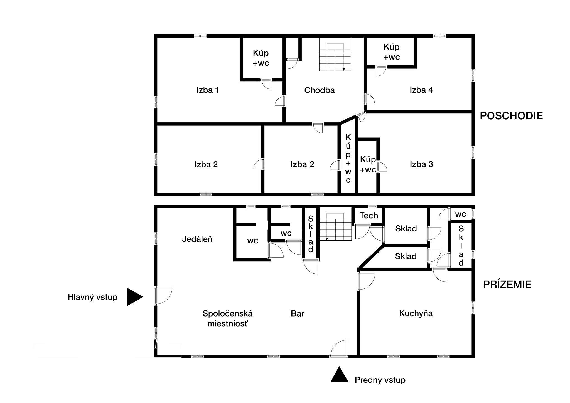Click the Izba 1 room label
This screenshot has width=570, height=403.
(x=207, y=90)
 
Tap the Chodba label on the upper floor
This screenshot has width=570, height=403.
(x=320, y=90)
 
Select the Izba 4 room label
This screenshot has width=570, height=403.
(x=421, y=90)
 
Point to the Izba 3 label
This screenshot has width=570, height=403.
(x=421, y=164)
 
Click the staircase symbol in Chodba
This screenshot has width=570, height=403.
(x=335, y=54)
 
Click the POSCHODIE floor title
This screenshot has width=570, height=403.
(x=511, y=116)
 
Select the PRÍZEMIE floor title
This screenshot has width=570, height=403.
(x=507, y=284)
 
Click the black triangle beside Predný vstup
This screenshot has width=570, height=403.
(x=339, y=374)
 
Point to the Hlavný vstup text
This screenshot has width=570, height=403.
(x=93, y=297)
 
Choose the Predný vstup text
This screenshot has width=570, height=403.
(x=380, y=380)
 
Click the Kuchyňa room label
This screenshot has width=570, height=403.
(x=416, y=313)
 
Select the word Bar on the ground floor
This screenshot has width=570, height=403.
(x=298, y=313)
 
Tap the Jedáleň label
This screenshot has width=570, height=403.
(x=197, y=239)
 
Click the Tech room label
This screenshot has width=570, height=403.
(x=369, y=216)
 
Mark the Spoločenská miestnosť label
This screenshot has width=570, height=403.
(x=227, y=318)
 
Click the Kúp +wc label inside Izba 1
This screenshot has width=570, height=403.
(x=261, y=58)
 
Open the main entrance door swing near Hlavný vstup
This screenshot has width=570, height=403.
(x=164, y=296)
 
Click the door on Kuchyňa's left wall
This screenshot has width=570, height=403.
(x=367, y=281)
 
